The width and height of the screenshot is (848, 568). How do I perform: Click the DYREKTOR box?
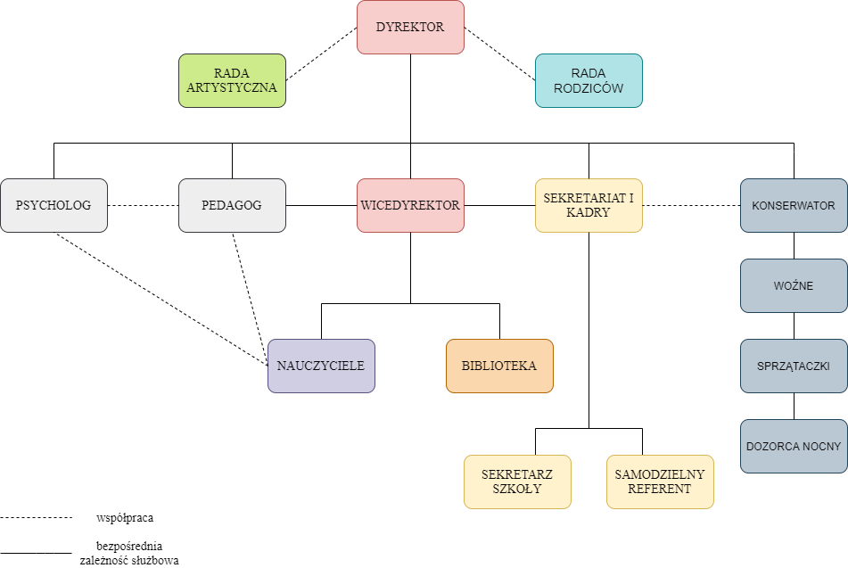pos(410,27)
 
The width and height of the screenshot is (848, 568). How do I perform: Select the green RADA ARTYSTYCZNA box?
pos(232,80)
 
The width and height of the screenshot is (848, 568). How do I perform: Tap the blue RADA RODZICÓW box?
pos(589,80)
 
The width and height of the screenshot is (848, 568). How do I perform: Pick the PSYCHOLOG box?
pos(54,205)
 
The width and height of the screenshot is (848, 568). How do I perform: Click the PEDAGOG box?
pos(232,205)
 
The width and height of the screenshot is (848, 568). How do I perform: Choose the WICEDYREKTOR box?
pos(410,205)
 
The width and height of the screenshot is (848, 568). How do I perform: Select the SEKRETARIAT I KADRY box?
pos(589,205)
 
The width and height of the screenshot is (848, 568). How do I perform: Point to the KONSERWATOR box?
pos(794,205)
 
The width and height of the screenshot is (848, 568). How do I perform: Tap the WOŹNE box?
pos(794,285)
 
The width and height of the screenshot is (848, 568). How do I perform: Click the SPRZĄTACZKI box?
pos(794,366)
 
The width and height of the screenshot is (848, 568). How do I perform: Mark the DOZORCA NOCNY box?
pos(794,446)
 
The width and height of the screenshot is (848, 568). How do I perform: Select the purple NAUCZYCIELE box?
pos(321,366)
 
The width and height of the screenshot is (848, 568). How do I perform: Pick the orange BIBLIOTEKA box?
pos(499,366)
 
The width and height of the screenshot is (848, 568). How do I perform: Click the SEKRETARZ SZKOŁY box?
pos(517,482)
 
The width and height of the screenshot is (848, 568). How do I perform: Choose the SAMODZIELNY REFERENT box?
pos(660,482)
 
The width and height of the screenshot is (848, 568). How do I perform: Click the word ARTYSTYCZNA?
pos(232,88)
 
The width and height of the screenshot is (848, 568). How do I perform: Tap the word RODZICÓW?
pos(589,88)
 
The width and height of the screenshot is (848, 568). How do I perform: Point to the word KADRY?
pos(589,213)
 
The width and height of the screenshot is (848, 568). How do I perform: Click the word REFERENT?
pos(660,490)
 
